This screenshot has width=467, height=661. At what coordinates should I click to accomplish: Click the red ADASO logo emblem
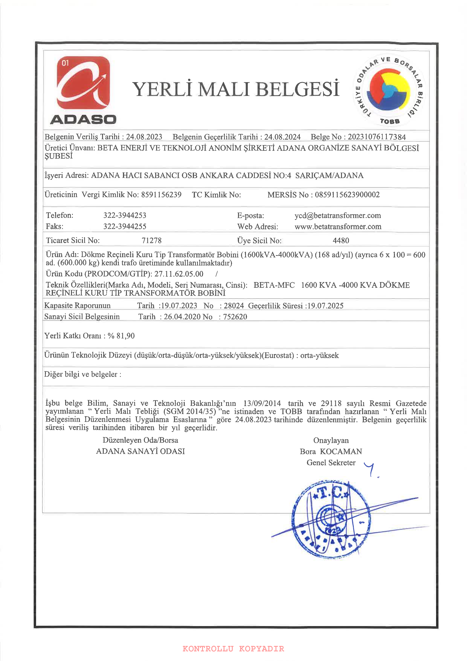click(83, 83)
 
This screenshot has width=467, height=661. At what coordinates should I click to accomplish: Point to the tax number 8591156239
click(161, 195)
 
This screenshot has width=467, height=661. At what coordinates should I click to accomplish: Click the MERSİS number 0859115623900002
click(347, 195)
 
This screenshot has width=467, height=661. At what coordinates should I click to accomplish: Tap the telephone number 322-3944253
click(125, 215)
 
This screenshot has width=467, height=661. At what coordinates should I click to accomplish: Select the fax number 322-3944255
click(125, 226)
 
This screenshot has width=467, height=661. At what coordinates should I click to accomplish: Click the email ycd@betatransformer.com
click(337, 216)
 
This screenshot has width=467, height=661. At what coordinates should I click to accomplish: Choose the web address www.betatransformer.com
click(338, 226)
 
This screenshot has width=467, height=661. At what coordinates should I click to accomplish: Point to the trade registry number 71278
click(151, 240)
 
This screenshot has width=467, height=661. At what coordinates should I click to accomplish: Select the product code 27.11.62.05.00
click(179, 274)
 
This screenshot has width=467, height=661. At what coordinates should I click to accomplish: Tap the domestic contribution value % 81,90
click(121, 336)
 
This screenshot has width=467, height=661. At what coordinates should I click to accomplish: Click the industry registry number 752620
click(235, 317)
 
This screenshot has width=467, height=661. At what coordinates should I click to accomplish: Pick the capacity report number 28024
click(234, 306)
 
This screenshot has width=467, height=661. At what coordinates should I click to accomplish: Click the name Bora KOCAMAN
click(331, 451)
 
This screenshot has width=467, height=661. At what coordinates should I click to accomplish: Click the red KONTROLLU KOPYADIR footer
click(233, 649)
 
